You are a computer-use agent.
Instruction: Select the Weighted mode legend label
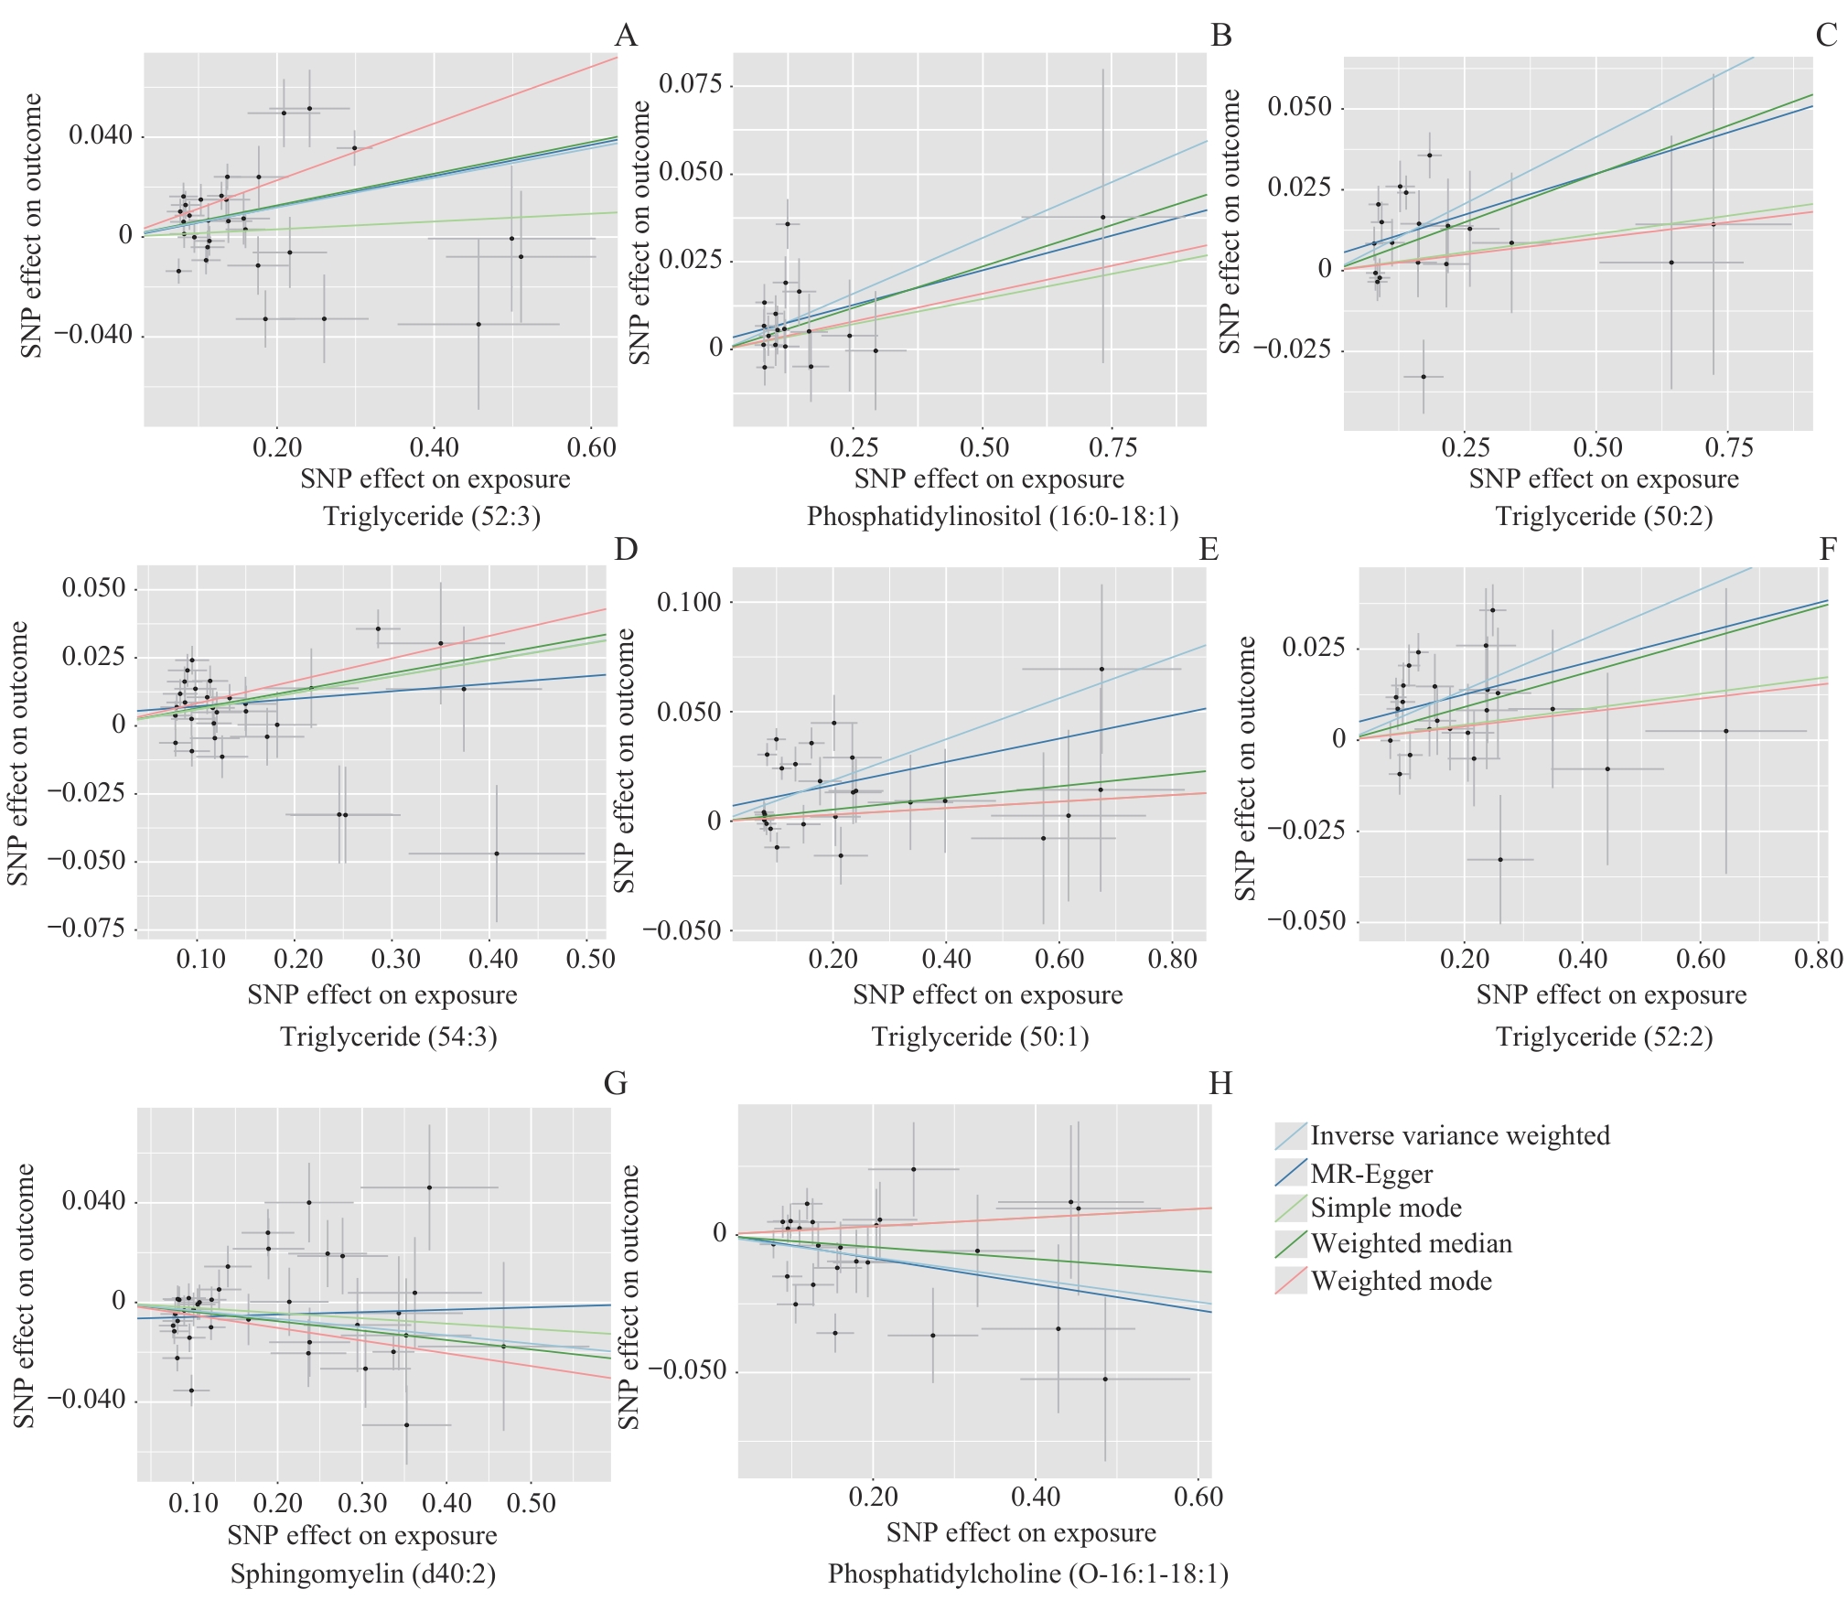1401,1281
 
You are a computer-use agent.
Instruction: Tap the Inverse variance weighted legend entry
1459,1135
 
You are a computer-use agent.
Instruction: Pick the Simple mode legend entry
1385,1208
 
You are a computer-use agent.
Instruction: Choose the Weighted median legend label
1411,1243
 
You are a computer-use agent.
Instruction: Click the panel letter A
626,36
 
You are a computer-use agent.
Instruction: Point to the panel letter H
1220,1083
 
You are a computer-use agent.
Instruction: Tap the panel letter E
1209,549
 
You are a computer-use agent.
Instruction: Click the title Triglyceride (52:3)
432,517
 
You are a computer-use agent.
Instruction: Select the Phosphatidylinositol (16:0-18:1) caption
993,517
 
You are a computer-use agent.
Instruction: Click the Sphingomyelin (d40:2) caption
362,1573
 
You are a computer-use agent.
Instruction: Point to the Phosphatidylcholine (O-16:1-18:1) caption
1028,1573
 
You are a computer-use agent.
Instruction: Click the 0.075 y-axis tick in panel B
690,84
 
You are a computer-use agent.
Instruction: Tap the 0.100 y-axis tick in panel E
689,602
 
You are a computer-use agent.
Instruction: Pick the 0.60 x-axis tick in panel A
591,448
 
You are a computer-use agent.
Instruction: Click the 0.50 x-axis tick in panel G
531,1503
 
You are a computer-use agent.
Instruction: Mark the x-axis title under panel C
1604,479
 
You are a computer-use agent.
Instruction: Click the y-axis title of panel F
1246,768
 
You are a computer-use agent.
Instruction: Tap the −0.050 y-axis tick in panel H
687,1370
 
